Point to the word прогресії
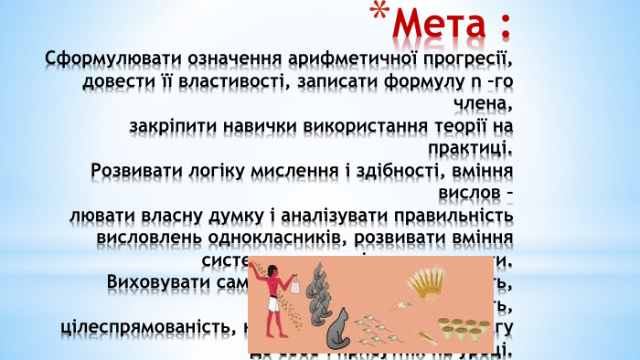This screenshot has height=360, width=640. tap(464, 58)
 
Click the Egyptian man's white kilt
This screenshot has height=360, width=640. tap(272, 302)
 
